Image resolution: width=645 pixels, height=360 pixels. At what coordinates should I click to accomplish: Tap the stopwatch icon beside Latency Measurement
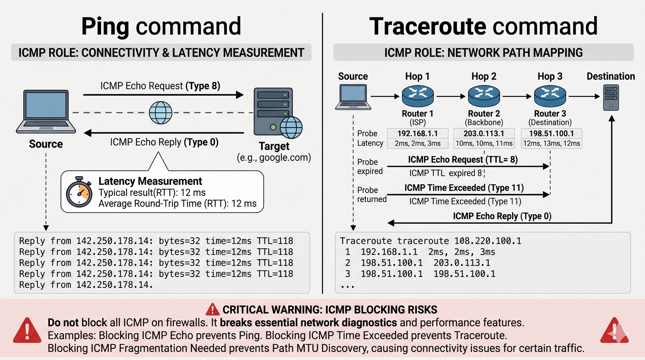[79, 192]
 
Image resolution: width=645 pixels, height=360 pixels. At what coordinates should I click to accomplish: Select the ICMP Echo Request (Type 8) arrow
[163, 95]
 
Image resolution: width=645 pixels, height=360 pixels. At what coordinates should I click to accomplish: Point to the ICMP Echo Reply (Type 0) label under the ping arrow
[164, 142]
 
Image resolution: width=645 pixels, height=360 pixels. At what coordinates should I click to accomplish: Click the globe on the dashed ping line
[160, 112]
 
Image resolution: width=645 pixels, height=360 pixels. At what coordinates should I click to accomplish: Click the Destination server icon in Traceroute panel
[611, 97]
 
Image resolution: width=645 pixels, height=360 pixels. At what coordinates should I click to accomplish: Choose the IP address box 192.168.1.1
[418, 133]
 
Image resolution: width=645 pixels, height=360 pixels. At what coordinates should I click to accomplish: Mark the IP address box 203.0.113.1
[484, 133]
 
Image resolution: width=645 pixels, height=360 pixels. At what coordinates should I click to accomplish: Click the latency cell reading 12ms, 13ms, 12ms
[551, 144]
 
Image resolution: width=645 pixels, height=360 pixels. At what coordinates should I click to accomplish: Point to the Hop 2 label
[484, 76]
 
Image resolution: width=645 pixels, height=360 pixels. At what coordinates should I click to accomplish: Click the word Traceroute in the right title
[426, 27]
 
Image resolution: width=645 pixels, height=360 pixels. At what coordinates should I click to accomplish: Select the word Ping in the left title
[105, 27]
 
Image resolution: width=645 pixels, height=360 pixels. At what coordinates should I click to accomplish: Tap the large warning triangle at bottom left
[27, 330]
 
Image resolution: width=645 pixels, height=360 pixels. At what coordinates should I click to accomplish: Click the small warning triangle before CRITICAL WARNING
[212, 310]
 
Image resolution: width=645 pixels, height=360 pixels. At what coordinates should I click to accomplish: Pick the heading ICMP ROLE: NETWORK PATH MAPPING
[483, 52]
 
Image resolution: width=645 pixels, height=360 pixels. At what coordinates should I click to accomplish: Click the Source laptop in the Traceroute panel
[353, 97]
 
